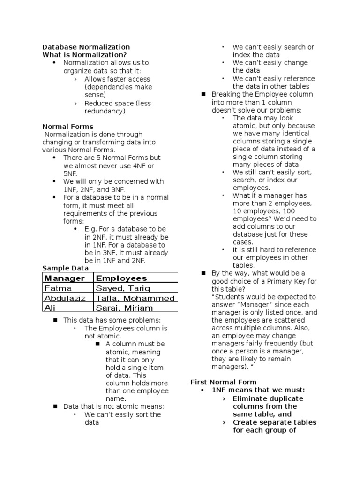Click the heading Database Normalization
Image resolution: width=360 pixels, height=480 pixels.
coord(86,47)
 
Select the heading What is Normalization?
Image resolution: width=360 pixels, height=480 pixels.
coord(84,55)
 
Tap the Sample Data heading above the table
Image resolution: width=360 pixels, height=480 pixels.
coord(65,268)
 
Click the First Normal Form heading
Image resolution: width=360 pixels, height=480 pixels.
coord(223,382)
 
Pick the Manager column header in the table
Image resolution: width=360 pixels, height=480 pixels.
coord(65,278)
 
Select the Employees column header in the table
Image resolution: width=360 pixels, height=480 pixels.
coord(121,278)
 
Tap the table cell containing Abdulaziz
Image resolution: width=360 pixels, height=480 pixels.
coord(65,298)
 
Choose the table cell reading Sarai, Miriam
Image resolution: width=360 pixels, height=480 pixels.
coord(124,308)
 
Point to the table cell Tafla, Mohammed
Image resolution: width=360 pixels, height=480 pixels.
coord(135,298)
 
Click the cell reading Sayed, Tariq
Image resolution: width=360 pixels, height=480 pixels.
coord(123,288)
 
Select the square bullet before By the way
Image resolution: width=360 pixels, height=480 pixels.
coord(203,273)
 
